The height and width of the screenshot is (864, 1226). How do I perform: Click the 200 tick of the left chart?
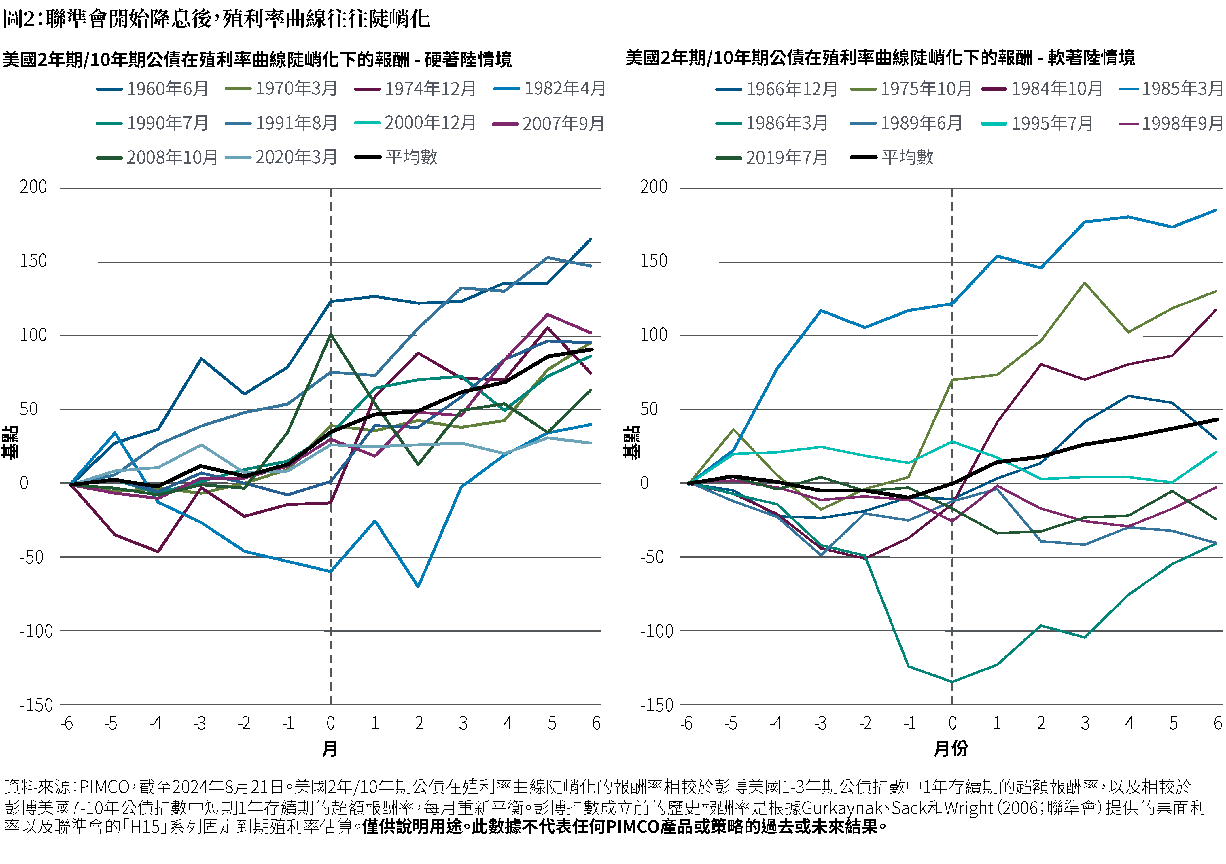[x=33, y=187]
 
